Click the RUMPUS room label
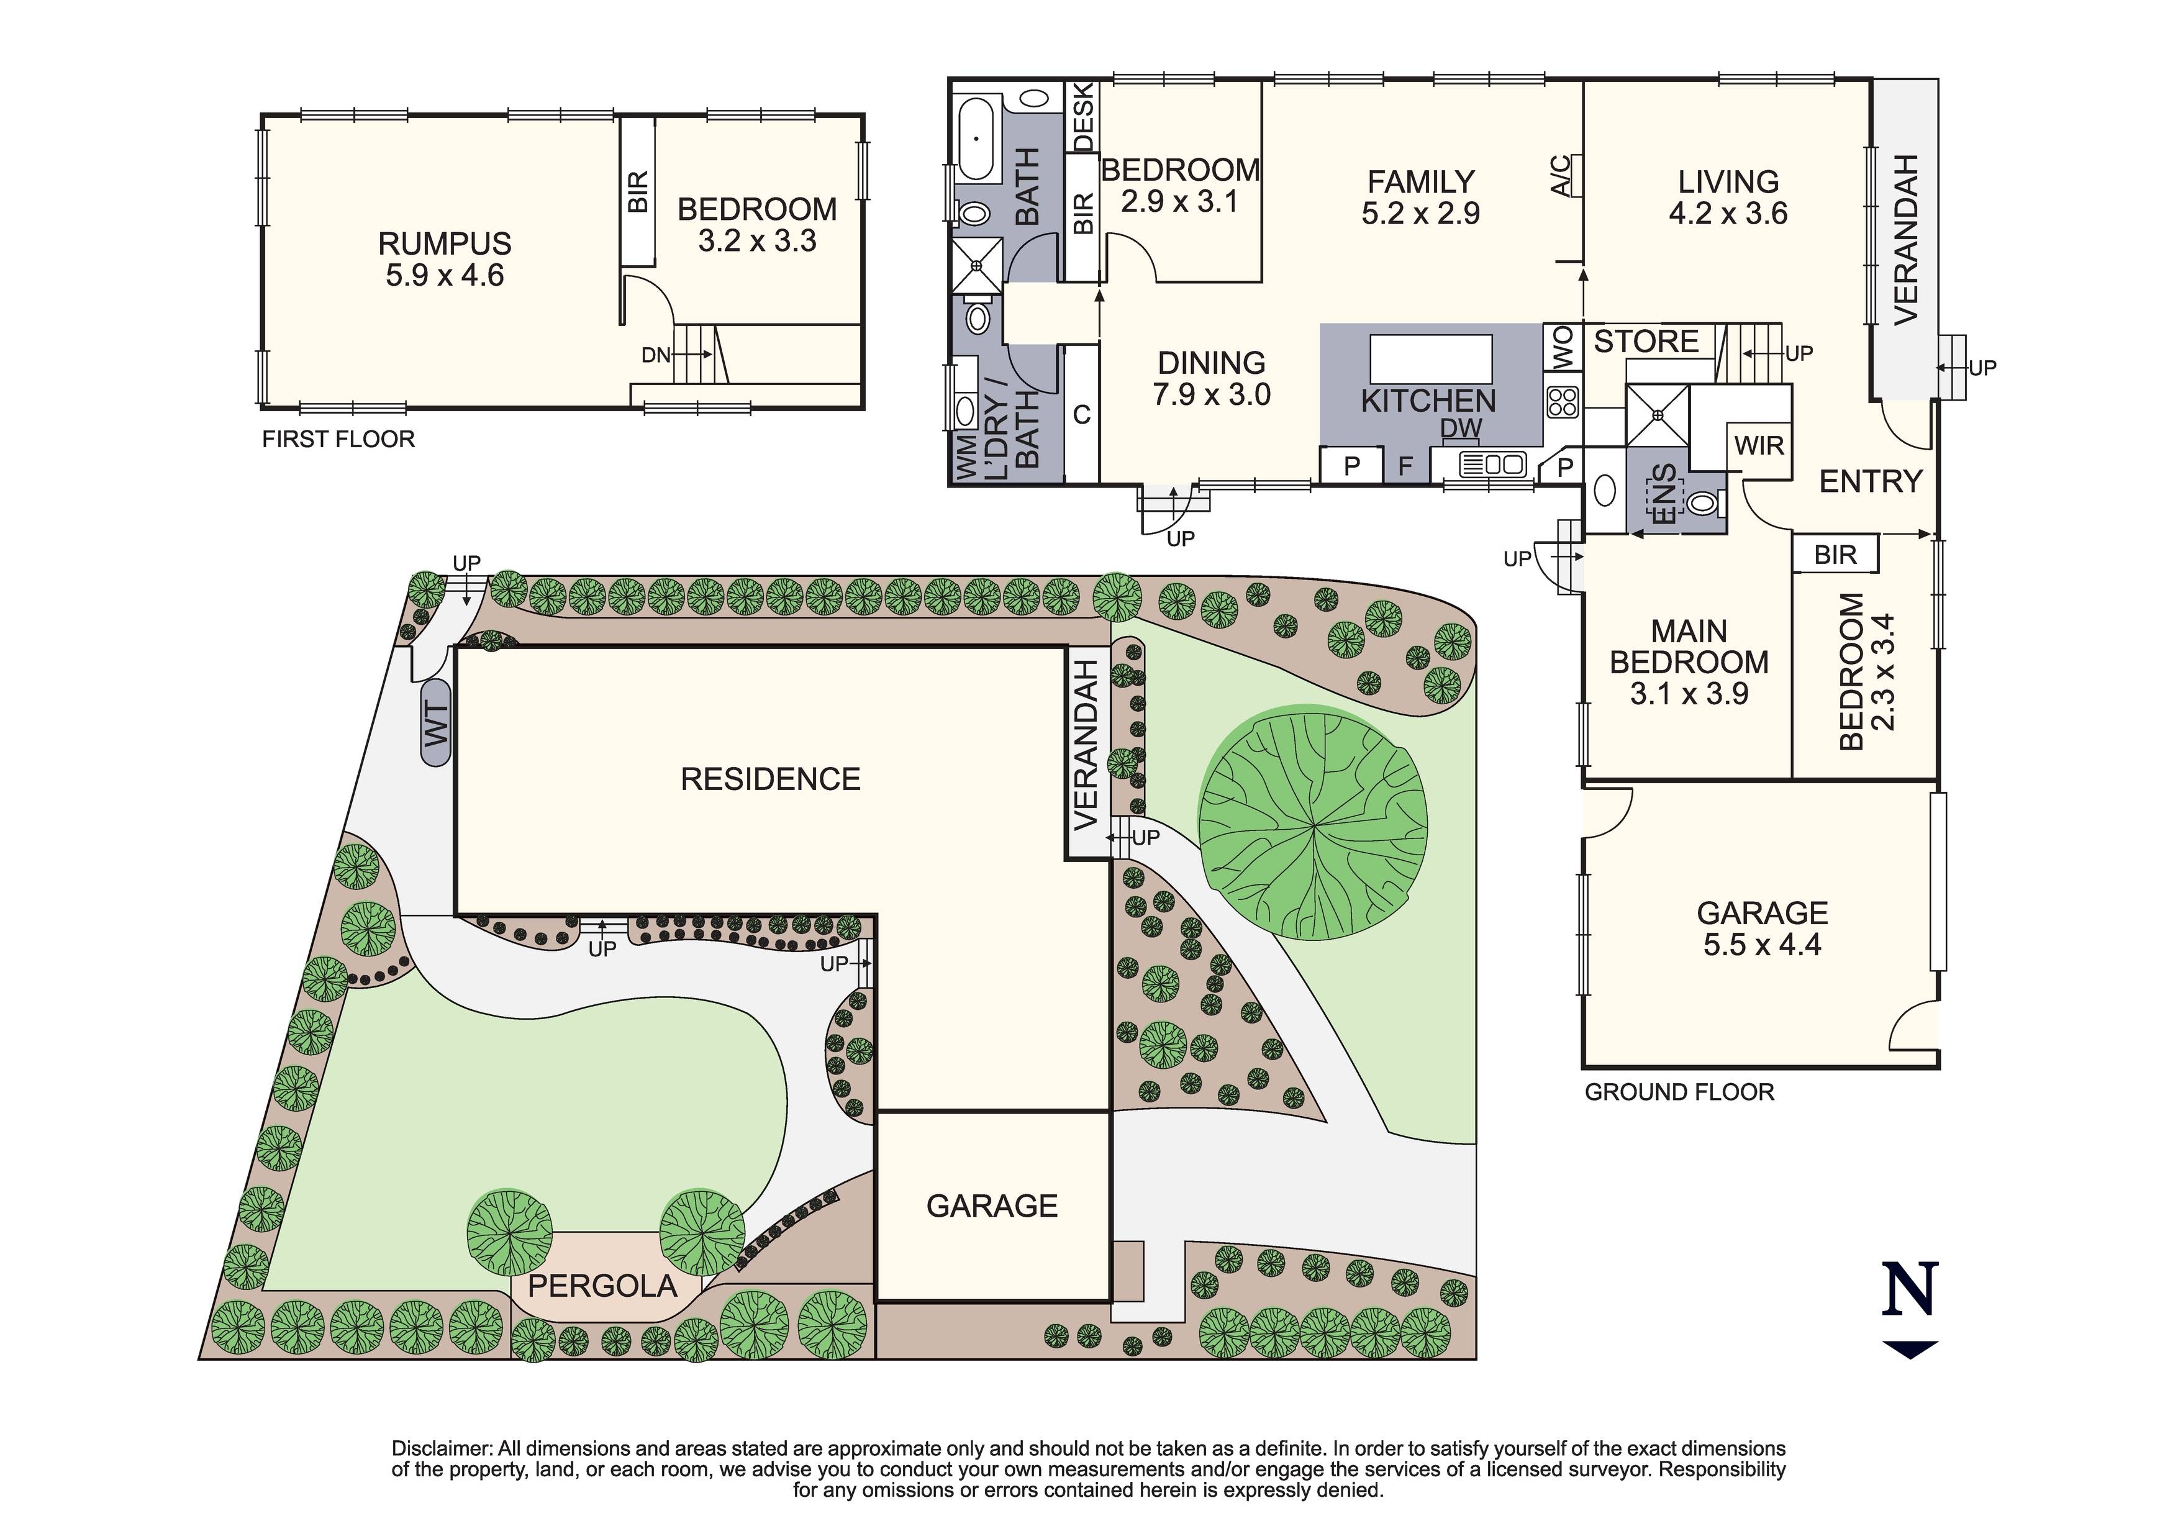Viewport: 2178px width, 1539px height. pos(444,244)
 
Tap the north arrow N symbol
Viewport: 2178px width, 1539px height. pos(1910,1291)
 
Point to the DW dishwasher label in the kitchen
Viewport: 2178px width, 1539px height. pos(1461,428)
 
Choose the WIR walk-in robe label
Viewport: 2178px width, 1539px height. pos(1759,445)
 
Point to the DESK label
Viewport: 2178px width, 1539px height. pos(1082,117)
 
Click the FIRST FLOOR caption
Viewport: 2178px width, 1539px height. pos(338,439)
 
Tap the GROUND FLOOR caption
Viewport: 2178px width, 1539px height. pos(1679,1092)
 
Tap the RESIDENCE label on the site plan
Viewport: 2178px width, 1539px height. pos(770,779)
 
